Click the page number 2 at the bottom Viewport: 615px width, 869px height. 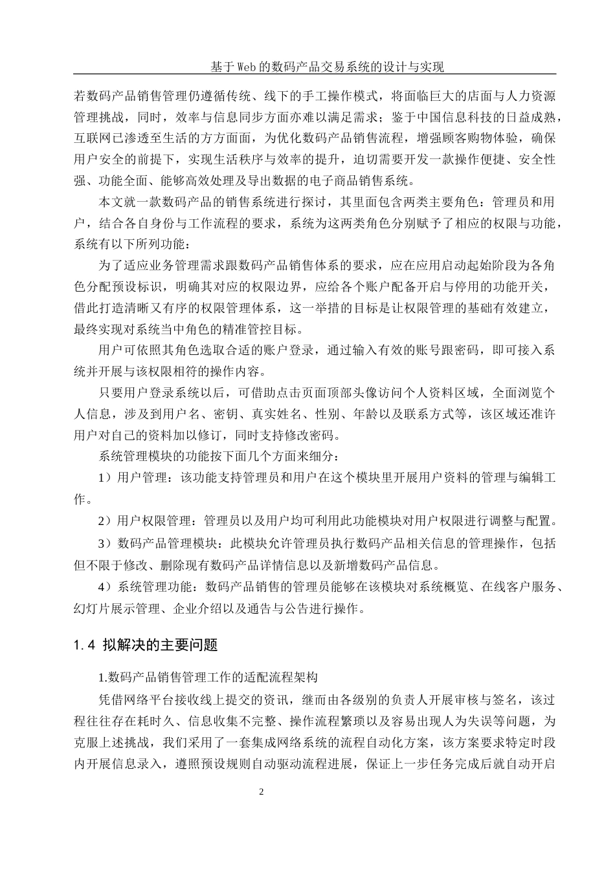pos(261,792)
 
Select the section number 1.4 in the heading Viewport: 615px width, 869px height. pos(85,645)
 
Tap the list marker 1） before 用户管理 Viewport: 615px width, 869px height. pos(106,479)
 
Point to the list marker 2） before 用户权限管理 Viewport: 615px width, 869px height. pos(106,520)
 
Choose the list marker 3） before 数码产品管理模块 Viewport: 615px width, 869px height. pos(106,543)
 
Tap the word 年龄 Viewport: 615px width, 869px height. pos(373,414)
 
